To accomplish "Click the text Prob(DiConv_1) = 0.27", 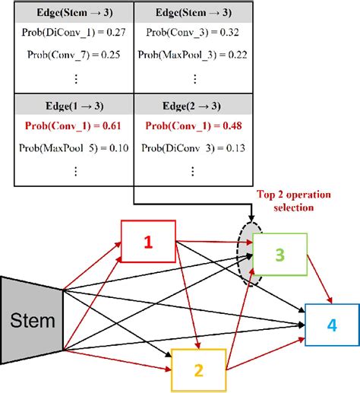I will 74,32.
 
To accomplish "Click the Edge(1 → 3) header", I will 74,104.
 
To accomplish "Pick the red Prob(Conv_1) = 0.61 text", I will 74,125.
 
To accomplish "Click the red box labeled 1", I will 148,242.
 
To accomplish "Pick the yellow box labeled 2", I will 198,369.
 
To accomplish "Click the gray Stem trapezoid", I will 31,321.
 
